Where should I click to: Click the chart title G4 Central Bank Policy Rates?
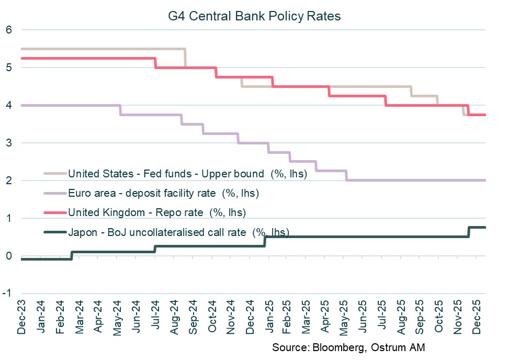click(x=254, y=16)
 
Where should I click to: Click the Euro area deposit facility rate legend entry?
click(x=163, y=194)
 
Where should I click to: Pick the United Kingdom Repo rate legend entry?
click(x=156, y=212)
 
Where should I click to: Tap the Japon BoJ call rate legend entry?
click(x=178, y=232)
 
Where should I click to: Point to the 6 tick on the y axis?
click(x=8, y=30)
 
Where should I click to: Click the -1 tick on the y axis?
click(x=7, y=294)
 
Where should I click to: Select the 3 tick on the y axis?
click(x=8, y=143)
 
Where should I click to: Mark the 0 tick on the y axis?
click(x=8, y=256)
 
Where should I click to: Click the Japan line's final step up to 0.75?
click(x=468, y=232)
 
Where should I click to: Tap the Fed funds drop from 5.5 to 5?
click(x=185, y=58)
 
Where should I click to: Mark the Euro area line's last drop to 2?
click(x=346, y=175)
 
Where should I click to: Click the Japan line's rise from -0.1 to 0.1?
click(x=72, y=255)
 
